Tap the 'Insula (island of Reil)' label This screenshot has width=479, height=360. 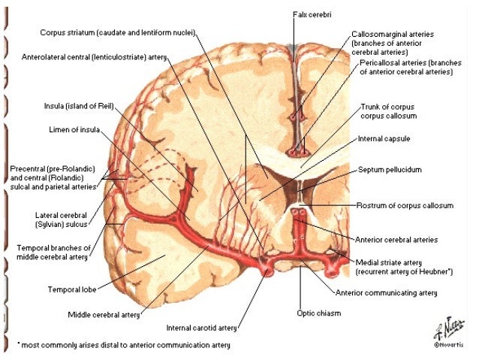[80, 107]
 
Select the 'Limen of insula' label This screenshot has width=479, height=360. [74, 130]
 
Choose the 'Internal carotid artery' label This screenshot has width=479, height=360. [202, 328]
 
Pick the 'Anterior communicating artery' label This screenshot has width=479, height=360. [385, 292]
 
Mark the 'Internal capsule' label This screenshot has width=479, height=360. [384, 139]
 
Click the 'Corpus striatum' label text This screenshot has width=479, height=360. [72, 32]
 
